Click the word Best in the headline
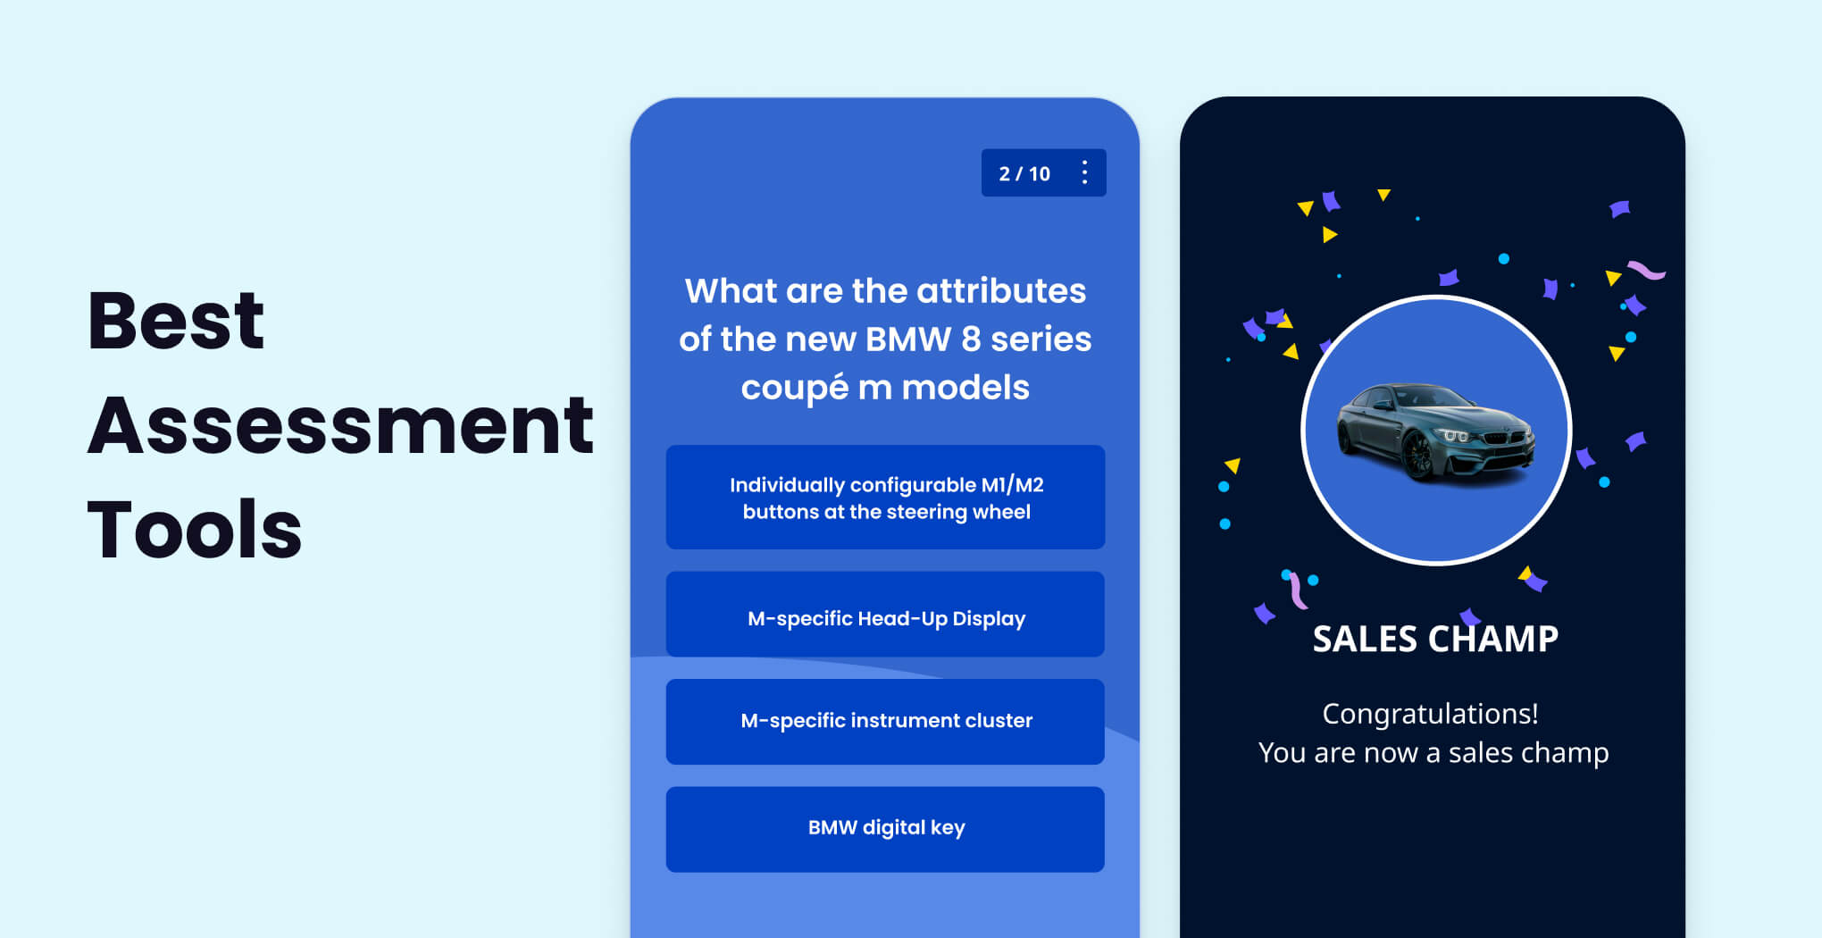tap(176, 321)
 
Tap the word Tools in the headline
tap(195, 530)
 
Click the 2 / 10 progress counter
tap(1024, 174)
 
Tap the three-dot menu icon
tap(1084, 172)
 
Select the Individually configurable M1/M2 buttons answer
tap(885, 498)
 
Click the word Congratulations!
tap(1430, 714)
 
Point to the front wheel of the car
tap(1417, 456)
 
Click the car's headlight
tap(1456, 435)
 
